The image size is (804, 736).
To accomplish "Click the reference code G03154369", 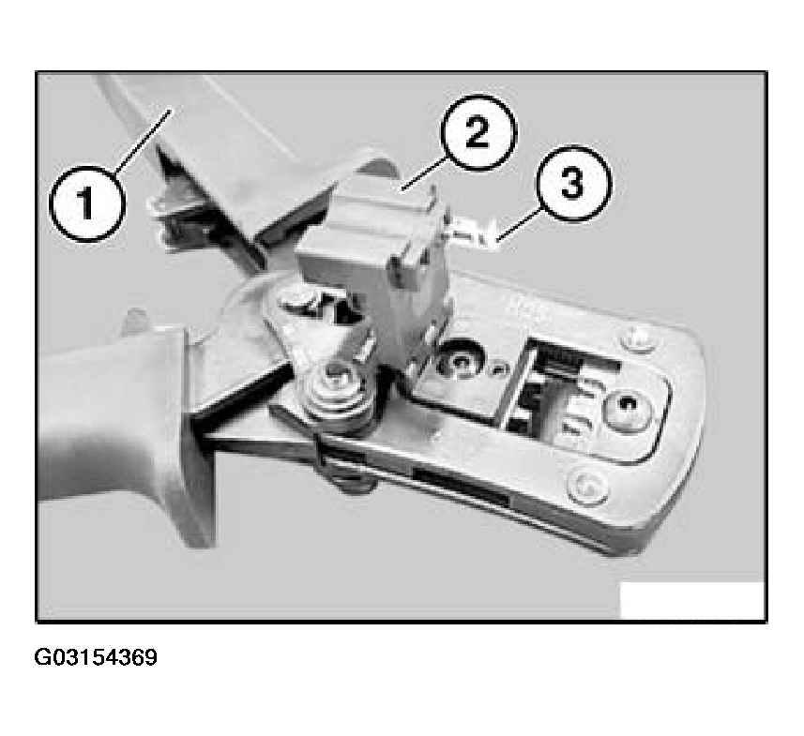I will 96,657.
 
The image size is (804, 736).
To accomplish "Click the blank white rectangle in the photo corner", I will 692,600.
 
